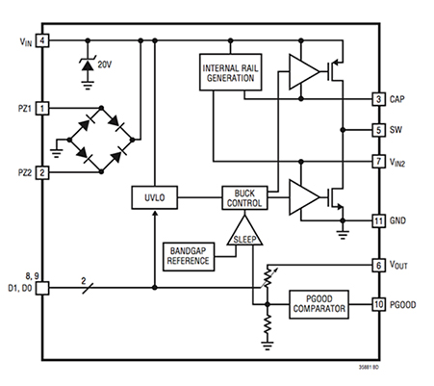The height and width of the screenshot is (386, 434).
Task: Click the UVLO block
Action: point(154,197)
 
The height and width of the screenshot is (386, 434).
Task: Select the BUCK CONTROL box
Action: point(244,198)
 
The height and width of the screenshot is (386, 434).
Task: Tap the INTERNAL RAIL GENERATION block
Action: point(230,72)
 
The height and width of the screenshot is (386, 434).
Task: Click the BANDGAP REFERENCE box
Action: point(189,257)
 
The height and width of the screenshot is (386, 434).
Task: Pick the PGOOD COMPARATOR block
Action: point(319,304)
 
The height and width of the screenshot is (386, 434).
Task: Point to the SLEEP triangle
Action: point(244,233)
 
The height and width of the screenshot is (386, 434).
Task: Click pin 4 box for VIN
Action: point(42,40)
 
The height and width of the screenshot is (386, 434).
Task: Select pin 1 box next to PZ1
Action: point(42,108)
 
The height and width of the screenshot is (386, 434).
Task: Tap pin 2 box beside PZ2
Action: point(42,172)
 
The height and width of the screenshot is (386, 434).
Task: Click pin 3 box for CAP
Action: point(378,99)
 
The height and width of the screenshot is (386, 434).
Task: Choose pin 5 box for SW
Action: point(378,130)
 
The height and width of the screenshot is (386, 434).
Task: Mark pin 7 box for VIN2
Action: point(378,161)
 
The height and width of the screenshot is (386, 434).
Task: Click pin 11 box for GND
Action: point(378,220)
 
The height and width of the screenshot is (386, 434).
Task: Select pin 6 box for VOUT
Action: point(378,266)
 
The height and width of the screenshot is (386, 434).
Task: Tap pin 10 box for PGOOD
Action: point(378,304)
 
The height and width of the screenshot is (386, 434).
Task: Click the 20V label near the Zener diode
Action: point(105,64)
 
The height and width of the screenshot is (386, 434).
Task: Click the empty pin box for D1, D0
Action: point(42,288)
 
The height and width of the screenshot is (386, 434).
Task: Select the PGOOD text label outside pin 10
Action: point(402,304)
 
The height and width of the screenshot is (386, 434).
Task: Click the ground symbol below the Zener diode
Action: point(88,85)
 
